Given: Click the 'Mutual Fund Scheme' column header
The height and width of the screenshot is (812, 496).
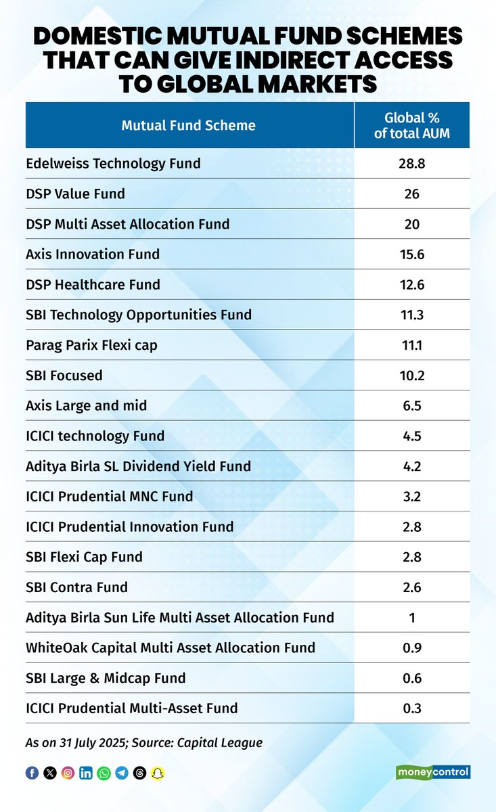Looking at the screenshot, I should pyautogui.click(x=188, y=125).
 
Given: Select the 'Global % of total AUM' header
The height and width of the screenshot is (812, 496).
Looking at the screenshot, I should pyautogui.click(x=411, y=125).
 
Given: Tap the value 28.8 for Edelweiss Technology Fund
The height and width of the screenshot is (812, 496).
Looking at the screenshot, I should pyautogui.click(x=411, y=164).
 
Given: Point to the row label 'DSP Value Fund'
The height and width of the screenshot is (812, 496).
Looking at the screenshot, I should pyautogui.click(x=75, y=194).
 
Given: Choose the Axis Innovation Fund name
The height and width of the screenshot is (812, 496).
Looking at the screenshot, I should pyautogui.click(x=93, y=254).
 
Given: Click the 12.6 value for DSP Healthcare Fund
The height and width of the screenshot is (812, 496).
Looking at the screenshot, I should pyautogui.click(x=411, y=285).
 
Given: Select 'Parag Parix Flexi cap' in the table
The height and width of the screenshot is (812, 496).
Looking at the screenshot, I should pyautogui.click(x=91, y=345).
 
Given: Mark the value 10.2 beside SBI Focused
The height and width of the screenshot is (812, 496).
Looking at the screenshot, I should pyautogui.click(x=411, y=376).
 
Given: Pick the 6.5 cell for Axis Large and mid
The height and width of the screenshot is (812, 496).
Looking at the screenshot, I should pyautogui.click(x=411, y=406).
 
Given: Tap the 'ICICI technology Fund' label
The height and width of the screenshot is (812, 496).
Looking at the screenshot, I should pyautogui.click(x=95, y=436).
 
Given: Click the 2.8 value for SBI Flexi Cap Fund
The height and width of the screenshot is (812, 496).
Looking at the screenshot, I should pyautogui.click(x=411, y=557).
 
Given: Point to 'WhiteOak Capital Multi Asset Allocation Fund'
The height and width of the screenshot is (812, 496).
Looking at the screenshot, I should pyautogui.click(x=171, y=648).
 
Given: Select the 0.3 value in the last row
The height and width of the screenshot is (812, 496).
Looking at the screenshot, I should pyautogui.click(x=411, y=708).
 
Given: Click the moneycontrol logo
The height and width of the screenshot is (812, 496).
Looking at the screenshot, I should pyautogui.click(x=432, y=772).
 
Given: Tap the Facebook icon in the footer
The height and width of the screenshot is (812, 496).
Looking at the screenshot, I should pyautogui.click(x=32, y=773).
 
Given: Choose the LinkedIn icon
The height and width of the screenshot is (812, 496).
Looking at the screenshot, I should pyautogui.click(x=86, y=773).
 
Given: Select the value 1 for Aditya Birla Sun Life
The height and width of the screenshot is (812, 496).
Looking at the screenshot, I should pyautogui.click(x=411, y=617).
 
